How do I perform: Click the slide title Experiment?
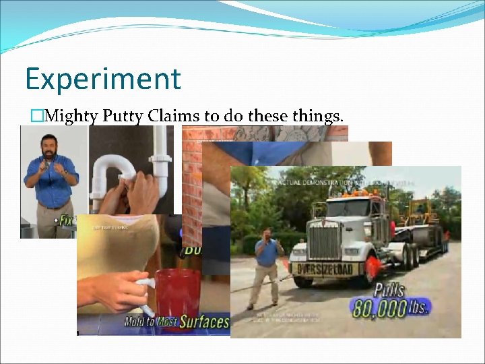pyautogui.click(x=103, y=78)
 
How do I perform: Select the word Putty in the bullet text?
pyautogui.click(x=123, y=117)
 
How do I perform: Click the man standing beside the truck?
pyautogui.click(x=266, y=266)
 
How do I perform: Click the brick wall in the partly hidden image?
pyautogui.click(x=191, y=182)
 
